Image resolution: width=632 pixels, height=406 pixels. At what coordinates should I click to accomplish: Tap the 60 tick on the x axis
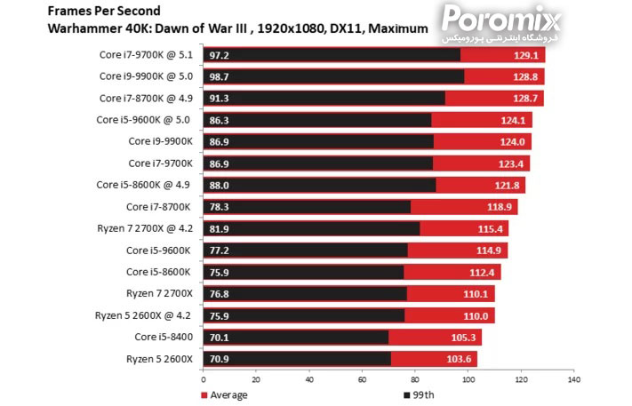[x=362, y=379]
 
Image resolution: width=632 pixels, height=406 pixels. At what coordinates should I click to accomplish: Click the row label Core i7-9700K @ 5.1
[x=146, y=55]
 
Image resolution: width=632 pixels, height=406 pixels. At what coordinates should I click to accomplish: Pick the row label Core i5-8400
[x=164, y=337]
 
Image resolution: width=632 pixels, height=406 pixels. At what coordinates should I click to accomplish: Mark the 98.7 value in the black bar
[x=218, y=77]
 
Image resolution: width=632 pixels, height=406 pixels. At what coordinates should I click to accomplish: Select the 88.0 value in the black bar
[x=218, y=185]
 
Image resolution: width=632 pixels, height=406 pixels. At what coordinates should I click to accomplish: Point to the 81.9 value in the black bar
[x=218, y=228]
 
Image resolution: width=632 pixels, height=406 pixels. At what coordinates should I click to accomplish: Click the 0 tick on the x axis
[x=203, y=379]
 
